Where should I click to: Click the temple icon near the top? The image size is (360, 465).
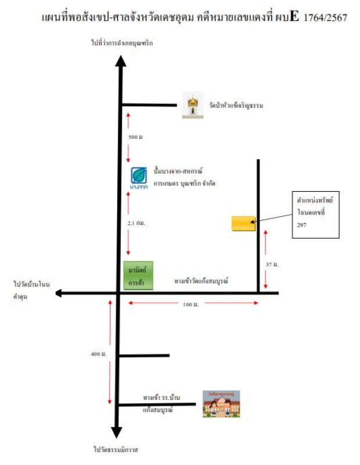tap(192, 105)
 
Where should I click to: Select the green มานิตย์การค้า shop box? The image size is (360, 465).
tap(139, 276)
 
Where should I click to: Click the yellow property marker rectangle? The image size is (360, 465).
tap(243, 223)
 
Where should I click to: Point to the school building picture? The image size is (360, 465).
tap(221, 403)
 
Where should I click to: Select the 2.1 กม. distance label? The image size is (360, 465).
tap(137, 223)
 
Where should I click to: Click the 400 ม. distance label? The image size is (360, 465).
tap(99, 353)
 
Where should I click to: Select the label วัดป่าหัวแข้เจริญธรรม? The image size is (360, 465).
tap(236, 106)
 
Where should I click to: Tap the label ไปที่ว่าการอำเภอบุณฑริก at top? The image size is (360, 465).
tap(121, 43)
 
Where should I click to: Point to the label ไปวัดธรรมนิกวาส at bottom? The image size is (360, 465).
tap(117, 449)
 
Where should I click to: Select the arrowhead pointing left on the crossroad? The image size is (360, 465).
tap(60, 294)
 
